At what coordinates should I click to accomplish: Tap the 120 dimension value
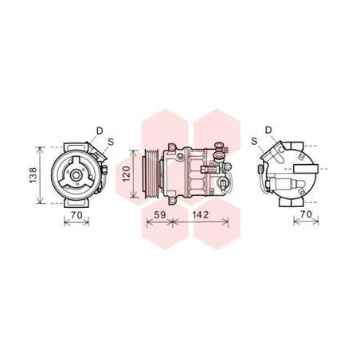(x=124, y=173)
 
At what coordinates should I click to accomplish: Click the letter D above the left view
(x=100, y=130)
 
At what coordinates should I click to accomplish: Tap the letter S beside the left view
(x=111, y=142)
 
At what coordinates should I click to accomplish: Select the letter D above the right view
(x=268, y=130)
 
